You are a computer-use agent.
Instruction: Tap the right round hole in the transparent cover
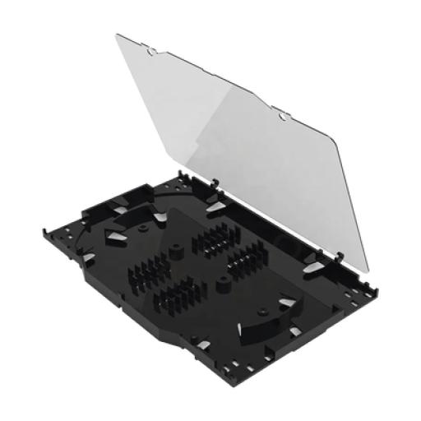click(283, 117)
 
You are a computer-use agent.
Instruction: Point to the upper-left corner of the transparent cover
click(118, 35)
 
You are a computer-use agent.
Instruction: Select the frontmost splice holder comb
click(183, 296)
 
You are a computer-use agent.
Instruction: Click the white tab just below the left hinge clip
click(215, 207)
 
